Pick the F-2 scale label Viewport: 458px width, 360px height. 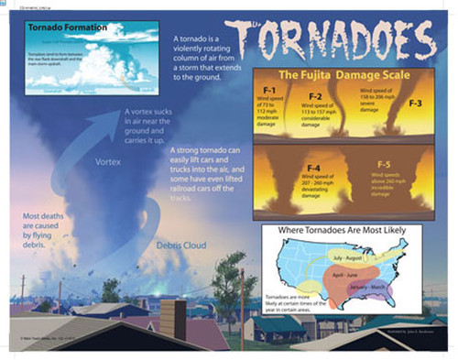pyautogui.click(x=314, y=95)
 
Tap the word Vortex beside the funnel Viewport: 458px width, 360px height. pyautogui.click(x=107, y=161)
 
